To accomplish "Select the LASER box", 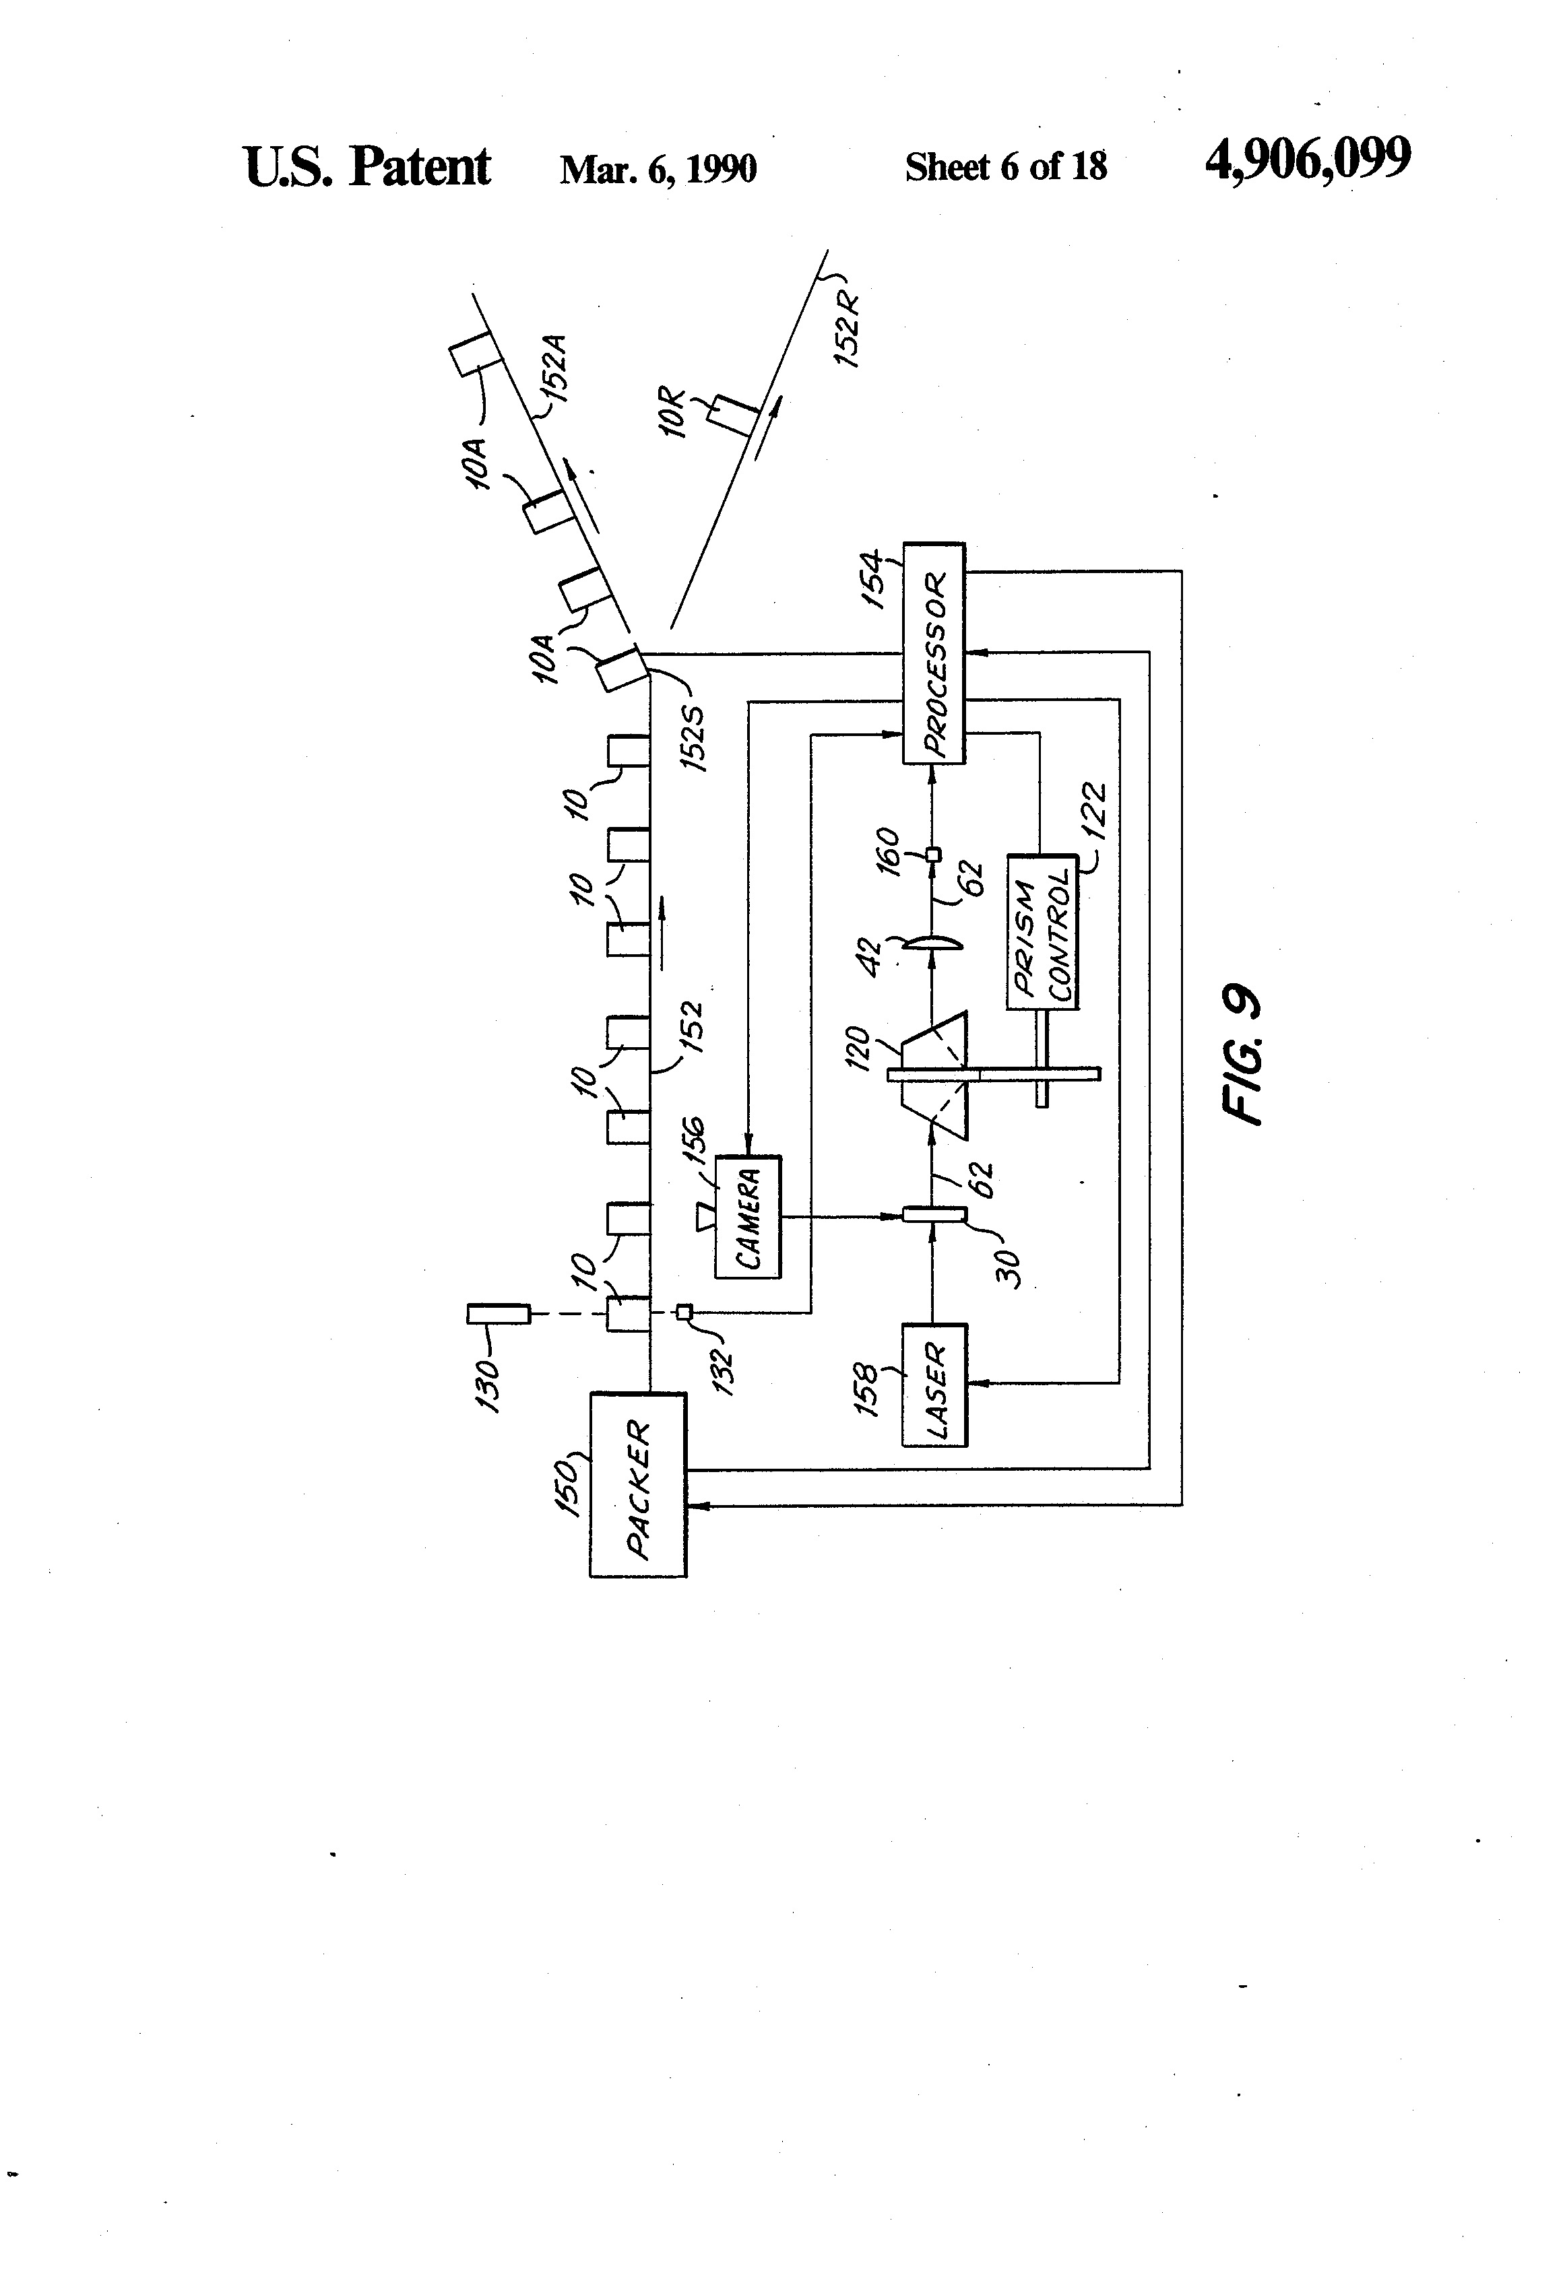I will [x=934, y=1385].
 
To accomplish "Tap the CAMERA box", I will [x=747, y=1218].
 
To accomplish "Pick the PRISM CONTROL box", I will [x=1042, y=931].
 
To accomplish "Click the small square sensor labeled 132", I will [x=684, y=1312].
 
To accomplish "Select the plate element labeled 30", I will [x=934, y=1216].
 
